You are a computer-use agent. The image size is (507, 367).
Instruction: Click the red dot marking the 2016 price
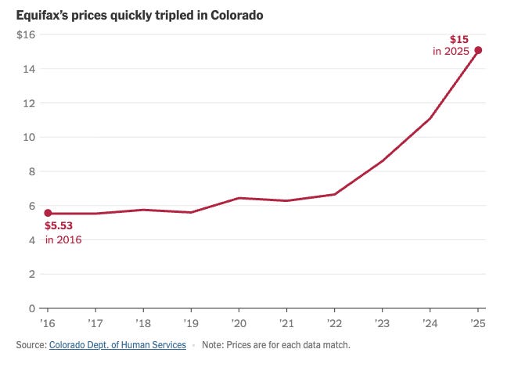pyautogui.click(x=48, y=213)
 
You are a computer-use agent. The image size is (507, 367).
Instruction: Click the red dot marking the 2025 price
pyautogui.click(x=478, y=50)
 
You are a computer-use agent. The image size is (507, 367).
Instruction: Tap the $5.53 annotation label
pyautogui.click(x=59, y=225)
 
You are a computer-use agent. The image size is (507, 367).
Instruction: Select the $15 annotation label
pyautogui.click(x=459, y=39)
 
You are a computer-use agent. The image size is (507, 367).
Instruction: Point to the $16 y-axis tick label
pyautogui.click(x=26, y=34)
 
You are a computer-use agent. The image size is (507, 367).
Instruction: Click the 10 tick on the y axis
pyautogui.click(x=29, y=137)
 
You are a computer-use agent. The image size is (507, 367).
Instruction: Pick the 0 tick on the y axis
pyautogui.click(x=31, y=308)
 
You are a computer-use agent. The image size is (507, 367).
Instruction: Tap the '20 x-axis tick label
pyautogui.click(x=239, y=323)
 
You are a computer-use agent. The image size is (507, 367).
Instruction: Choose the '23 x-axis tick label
pyautogui.click(x=382, y=323)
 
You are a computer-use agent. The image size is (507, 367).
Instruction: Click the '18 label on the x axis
pyautogui.click(x=143, y=323)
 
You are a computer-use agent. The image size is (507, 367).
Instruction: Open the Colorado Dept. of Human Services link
pyautogui.click(x=117, y=345)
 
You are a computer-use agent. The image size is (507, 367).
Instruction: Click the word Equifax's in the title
pyautogui.click(x=42, y=15)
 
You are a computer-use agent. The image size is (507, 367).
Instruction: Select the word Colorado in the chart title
pyautogui.click(x=237, y=15)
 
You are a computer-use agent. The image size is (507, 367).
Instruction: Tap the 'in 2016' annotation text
pyautogui.click(x=63, y=239)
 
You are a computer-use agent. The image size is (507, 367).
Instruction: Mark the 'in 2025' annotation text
pyautogui.click(x=451, y=51)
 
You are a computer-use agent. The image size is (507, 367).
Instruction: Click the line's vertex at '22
pyautogui.click(x=334, y=194)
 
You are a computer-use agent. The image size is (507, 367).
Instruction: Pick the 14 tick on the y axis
pyautogui.click(x=29, y=69)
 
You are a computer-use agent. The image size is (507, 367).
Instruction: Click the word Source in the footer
pyautogui.click(x=31, y=345)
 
